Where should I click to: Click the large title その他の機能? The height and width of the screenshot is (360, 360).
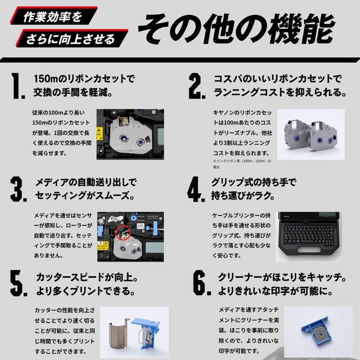click(x=237, y=29)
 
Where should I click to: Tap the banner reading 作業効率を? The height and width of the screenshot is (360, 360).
click(x=53, y=16)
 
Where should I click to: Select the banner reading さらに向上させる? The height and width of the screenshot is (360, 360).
click(x=72, y=38)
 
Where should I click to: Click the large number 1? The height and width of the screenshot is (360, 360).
click(x=18, y=86)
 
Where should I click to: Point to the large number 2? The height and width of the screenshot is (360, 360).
click(x=197, y=86)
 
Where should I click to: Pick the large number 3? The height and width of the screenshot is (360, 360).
click(x=18, y=189)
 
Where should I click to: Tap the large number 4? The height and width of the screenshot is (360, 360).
click(x=196, y=189)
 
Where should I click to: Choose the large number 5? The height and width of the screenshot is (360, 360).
click(x=19, y=283)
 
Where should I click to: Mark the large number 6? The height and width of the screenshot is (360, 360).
click(x=202, y=283)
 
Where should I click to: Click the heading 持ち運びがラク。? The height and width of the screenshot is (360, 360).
click(x=243, y=195)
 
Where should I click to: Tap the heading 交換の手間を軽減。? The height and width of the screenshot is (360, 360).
click(x=73, y=92)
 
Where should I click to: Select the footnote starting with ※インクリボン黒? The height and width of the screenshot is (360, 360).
click(x=242, y=164)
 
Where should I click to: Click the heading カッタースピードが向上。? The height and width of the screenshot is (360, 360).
click(x=87, y=277)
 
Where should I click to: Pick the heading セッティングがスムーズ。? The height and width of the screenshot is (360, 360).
click(x=85, y=195)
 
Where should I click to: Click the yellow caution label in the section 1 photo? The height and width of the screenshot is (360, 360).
click(x=99, y=134)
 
